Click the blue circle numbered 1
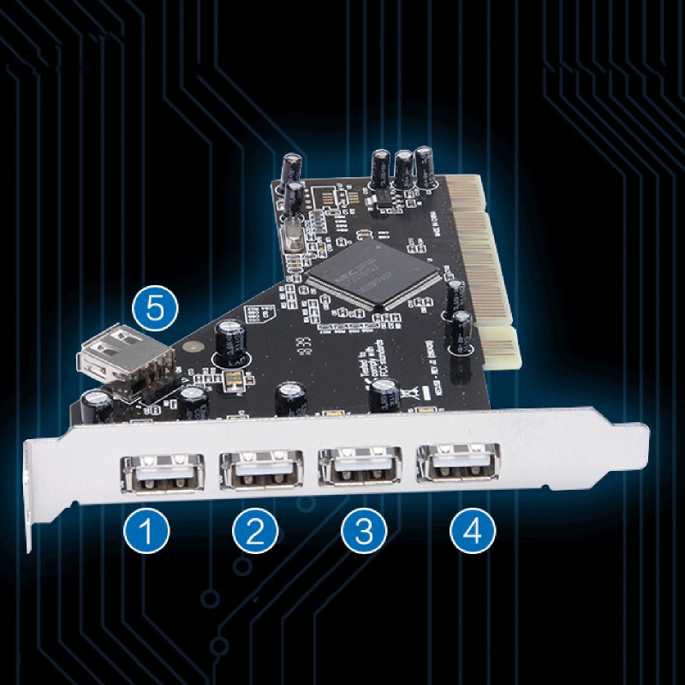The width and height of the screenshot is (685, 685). pyautogui.click(x=146, y=532)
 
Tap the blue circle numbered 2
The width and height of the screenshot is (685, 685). pyautogui.click(x=254, y=532)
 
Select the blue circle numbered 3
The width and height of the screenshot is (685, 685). pyautogui.click(x=363, y=532)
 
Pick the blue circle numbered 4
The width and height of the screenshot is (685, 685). pyautogui.click(x=472, y=532)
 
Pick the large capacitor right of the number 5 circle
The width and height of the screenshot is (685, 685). pyautogui.click(x=231, y=341)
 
